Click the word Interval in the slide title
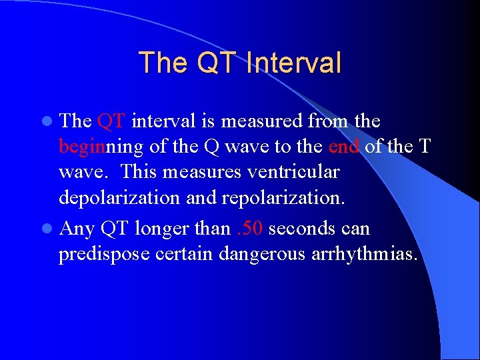293,63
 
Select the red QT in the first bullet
111,122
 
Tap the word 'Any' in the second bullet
77,229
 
